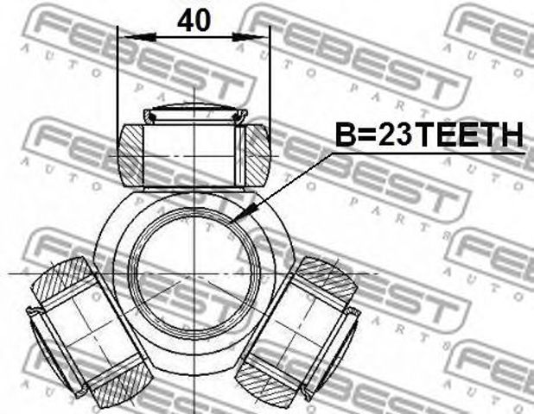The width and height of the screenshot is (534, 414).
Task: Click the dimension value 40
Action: (194, 21)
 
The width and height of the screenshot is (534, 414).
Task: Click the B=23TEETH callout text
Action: (429, 135)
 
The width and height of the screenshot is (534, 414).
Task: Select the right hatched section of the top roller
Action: (257, 154)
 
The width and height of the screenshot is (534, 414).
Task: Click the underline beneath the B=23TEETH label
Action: (429, 154)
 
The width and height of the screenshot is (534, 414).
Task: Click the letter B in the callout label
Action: (344, 135)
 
